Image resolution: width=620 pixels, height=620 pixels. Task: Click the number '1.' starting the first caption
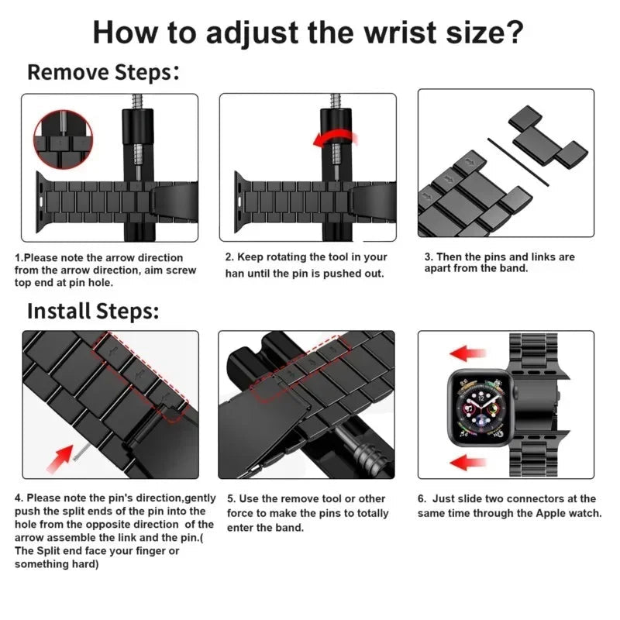tap(19, 257)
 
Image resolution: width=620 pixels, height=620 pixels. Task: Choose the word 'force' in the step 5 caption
tap(243, 513)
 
